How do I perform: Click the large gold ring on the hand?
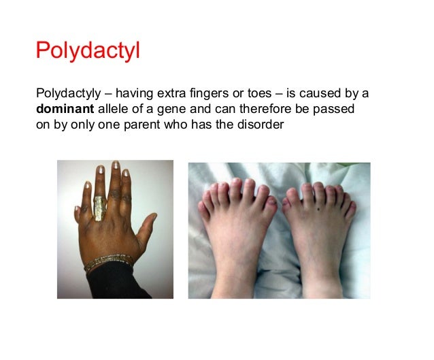(99, 208)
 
